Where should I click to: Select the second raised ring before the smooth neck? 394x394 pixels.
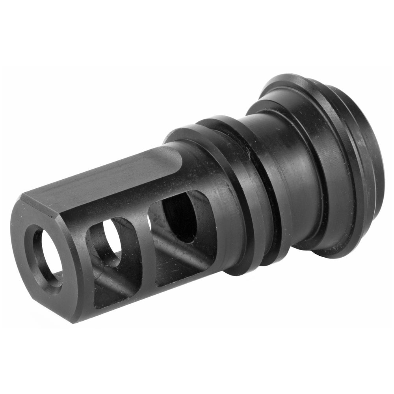click(x=276, y=189)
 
